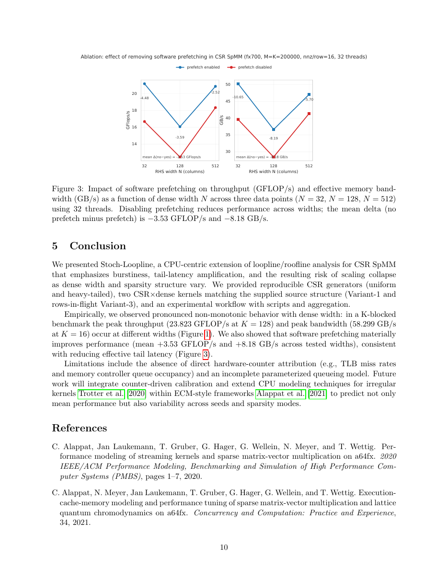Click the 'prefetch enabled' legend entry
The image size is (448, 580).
coord(197,68)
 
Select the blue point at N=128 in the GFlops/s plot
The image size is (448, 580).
coord(180,127)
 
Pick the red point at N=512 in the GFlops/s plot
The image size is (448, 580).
coord(215,107)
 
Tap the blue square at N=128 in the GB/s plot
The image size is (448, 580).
coord(274,129)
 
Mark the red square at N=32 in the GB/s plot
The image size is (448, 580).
coord(238,119)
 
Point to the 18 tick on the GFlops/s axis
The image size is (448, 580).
coord(134,110)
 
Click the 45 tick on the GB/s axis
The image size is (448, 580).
coord(228,101)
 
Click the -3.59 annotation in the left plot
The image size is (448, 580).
coord(180,138)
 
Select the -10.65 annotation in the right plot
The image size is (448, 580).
coord(238,97)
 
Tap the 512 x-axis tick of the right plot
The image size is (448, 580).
coord(309,166)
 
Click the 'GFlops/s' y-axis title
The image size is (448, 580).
coord(128,119)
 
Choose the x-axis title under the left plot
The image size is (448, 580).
coord(180,171)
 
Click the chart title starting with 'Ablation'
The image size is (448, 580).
coord(224,57)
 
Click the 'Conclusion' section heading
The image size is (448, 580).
coord(98,246)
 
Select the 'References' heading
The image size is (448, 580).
coord(79,428)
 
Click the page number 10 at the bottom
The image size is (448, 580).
coord(224,547)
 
